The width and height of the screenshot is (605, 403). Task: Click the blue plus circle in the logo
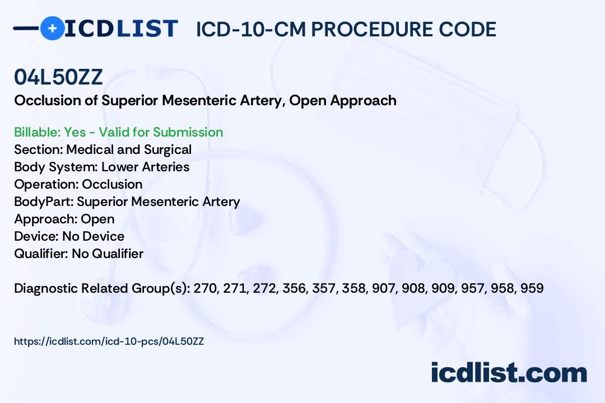pyautogui.click(x=52, y=28)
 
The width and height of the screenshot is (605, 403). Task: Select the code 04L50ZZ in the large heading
pyautogui.click(x=58, y=78)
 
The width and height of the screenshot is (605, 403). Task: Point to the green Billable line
pyautogui.click(x=119, y=132)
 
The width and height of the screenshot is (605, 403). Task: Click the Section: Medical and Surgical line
pyautogui.click(x=103, y=149)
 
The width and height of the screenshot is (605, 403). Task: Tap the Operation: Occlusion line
pyautogui.click(x=78, y=184)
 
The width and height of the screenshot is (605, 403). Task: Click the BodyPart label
pyautogui.click(x=43, y=201)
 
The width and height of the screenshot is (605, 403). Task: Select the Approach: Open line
pyautogui.click(x=64, y=219)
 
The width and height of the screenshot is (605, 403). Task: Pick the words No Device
pyautogui.click(x=93, y=236)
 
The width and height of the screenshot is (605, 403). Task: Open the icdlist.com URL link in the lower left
pyautogui.click(x=109, y=341)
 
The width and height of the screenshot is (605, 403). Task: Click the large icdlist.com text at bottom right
pyautogui.click(x=509, y=373)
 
